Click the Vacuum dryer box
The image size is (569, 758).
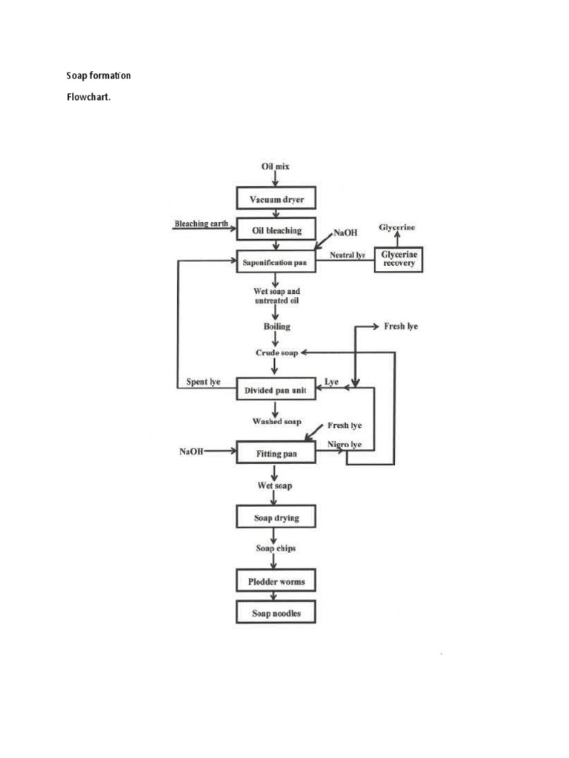[276, 199]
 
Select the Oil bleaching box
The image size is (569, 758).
[276, 230]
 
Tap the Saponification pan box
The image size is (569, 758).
[276, 261]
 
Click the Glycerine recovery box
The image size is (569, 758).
[399, 258]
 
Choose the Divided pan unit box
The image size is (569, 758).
[276, 389]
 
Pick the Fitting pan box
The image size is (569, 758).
[276, 452]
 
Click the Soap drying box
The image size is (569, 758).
[276, 517]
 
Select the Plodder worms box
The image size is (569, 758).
[276, 581]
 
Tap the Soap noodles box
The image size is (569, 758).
[276, 613]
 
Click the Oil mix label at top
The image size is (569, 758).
[275, 167]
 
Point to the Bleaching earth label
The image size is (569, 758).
[200, 223]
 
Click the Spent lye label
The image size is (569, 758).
[203, 382]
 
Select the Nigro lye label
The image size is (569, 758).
[345, 444]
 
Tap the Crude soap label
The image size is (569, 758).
[276, 353]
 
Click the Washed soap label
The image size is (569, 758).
[276, 421]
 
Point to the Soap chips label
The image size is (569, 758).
[276, 549]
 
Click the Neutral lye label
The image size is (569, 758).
[347, 254]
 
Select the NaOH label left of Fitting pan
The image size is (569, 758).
[191, 451]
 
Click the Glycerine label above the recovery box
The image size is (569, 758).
[398, 227]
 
